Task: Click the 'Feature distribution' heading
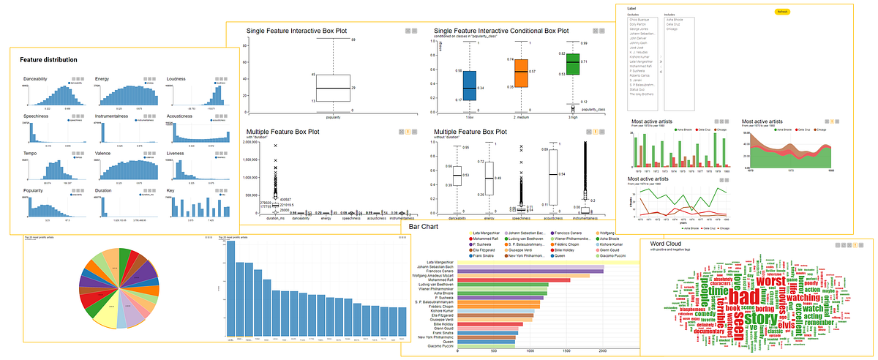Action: point(48,59)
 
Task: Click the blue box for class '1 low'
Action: point(470,86)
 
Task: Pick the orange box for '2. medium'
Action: point(521,71)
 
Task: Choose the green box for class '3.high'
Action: point(571,64)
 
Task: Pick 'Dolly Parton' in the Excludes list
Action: point(638,24)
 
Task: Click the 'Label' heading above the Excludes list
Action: point(631,8)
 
